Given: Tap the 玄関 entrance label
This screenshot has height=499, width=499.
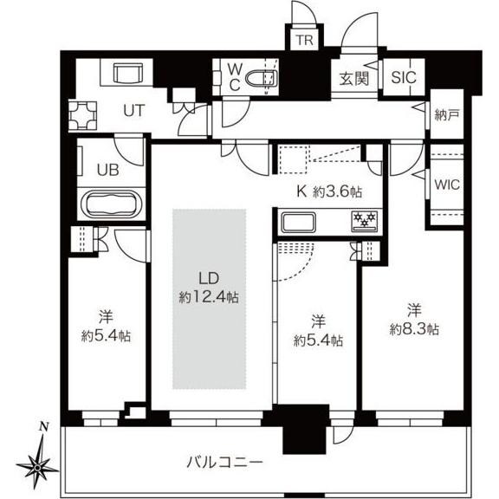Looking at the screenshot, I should coord(353,77).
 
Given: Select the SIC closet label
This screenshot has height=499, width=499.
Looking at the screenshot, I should coord(403,77).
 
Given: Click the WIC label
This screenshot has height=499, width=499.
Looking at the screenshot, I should coord(447,185).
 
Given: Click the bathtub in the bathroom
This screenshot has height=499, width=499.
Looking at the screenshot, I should coord(110,208).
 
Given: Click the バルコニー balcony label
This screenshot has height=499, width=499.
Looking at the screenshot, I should coord(225,460).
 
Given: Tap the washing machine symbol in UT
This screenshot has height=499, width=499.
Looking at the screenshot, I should coord(87,113).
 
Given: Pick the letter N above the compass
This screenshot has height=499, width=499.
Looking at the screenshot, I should coord(44,427).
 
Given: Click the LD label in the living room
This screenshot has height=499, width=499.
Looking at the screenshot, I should coord(208,279).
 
